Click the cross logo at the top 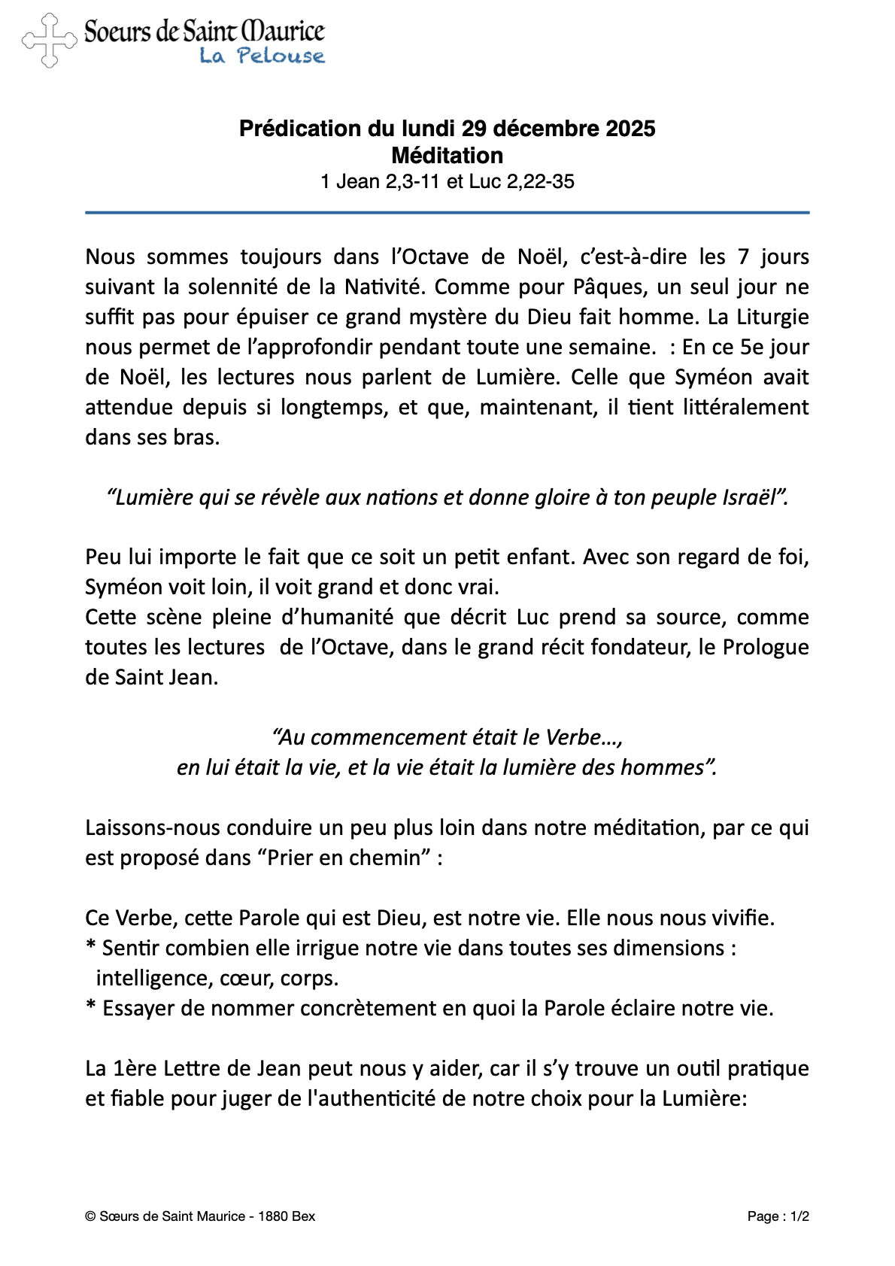(49, 41)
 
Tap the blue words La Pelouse (262, 56)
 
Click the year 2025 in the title (630, 129)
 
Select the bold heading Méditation (447, 156)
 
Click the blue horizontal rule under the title (447, 213)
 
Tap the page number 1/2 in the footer (799, 1216)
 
